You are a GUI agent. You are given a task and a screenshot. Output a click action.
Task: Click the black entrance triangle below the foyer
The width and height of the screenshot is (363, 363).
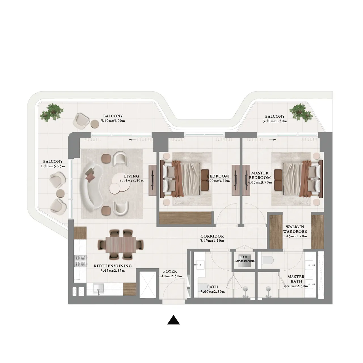[x=174, y=320]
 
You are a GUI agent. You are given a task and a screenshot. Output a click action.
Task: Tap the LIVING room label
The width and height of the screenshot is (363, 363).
[x=132, y=176]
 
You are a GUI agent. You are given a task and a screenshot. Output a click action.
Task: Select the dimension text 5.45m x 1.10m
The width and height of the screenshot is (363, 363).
[x=212, y=241]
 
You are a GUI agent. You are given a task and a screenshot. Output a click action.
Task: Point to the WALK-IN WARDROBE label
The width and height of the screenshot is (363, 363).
[x=295, y=229]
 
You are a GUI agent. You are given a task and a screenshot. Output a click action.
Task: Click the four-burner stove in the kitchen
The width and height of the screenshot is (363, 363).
[x=80, y=261]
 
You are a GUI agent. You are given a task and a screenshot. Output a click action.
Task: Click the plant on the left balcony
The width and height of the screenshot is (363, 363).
[x=52, y=112]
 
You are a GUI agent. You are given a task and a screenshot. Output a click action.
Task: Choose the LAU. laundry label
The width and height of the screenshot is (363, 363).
[x=244, y=257]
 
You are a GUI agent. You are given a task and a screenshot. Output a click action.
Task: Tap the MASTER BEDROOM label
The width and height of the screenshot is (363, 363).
[x=260, y=175]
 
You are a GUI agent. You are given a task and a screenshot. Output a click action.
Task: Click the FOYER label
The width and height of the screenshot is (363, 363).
[x=170, y=271]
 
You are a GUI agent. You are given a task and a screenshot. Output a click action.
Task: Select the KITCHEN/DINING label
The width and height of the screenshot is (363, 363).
[x=113, y=266]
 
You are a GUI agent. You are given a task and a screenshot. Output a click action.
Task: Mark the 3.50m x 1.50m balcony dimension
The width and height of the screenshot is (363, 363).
[x=275, y=121]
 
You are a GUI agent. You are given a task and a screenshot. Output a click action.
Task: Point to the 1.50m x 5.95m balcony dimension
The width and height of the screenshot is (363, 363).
[x=53, y=166]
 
